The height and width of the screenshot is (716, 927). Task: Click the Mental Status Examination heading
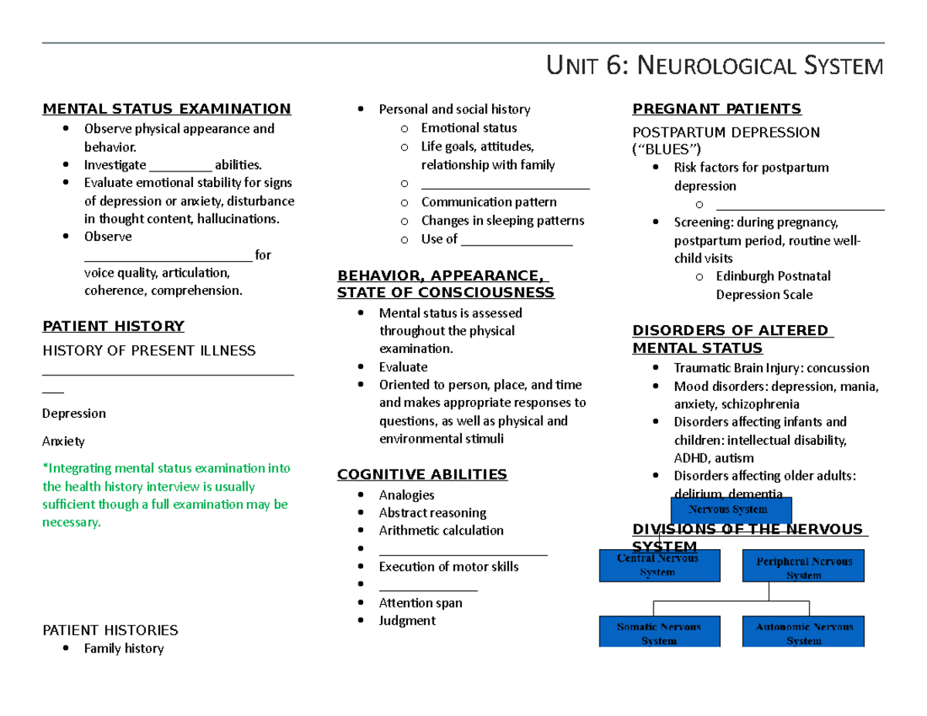tap(166, 109)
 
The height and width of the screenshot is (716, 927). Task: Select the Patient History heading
tap(113, 326)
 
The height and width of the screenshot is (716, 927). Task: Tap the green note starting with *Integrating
tap(165, 495)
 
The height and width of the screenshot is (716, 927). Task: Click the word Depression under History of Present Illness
tap(74, 413)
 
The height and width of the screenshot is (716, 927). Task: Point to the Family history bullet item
tap(124, 649)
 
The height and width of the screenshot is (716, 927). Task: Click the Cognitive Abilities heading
tap(422, 474)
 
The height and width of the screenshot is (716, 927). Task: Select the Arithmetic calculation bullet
tap(440, 531)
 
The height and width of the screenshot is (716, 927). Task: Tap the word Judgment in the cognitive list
tap(407, 621)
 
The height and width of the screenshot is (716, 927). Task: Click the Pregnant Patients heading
tap(716, 109)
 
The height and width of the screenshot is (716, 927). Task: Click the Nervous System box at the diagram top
tap(731, 510)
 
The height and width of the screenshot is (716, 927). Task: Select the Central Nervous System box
tap(660, 565)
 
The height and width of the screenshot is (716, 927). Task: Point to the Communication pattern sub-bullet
tap(488, 202)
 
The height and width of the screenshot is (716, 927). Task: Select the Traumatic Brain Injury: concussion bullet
tap(771, 368)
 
